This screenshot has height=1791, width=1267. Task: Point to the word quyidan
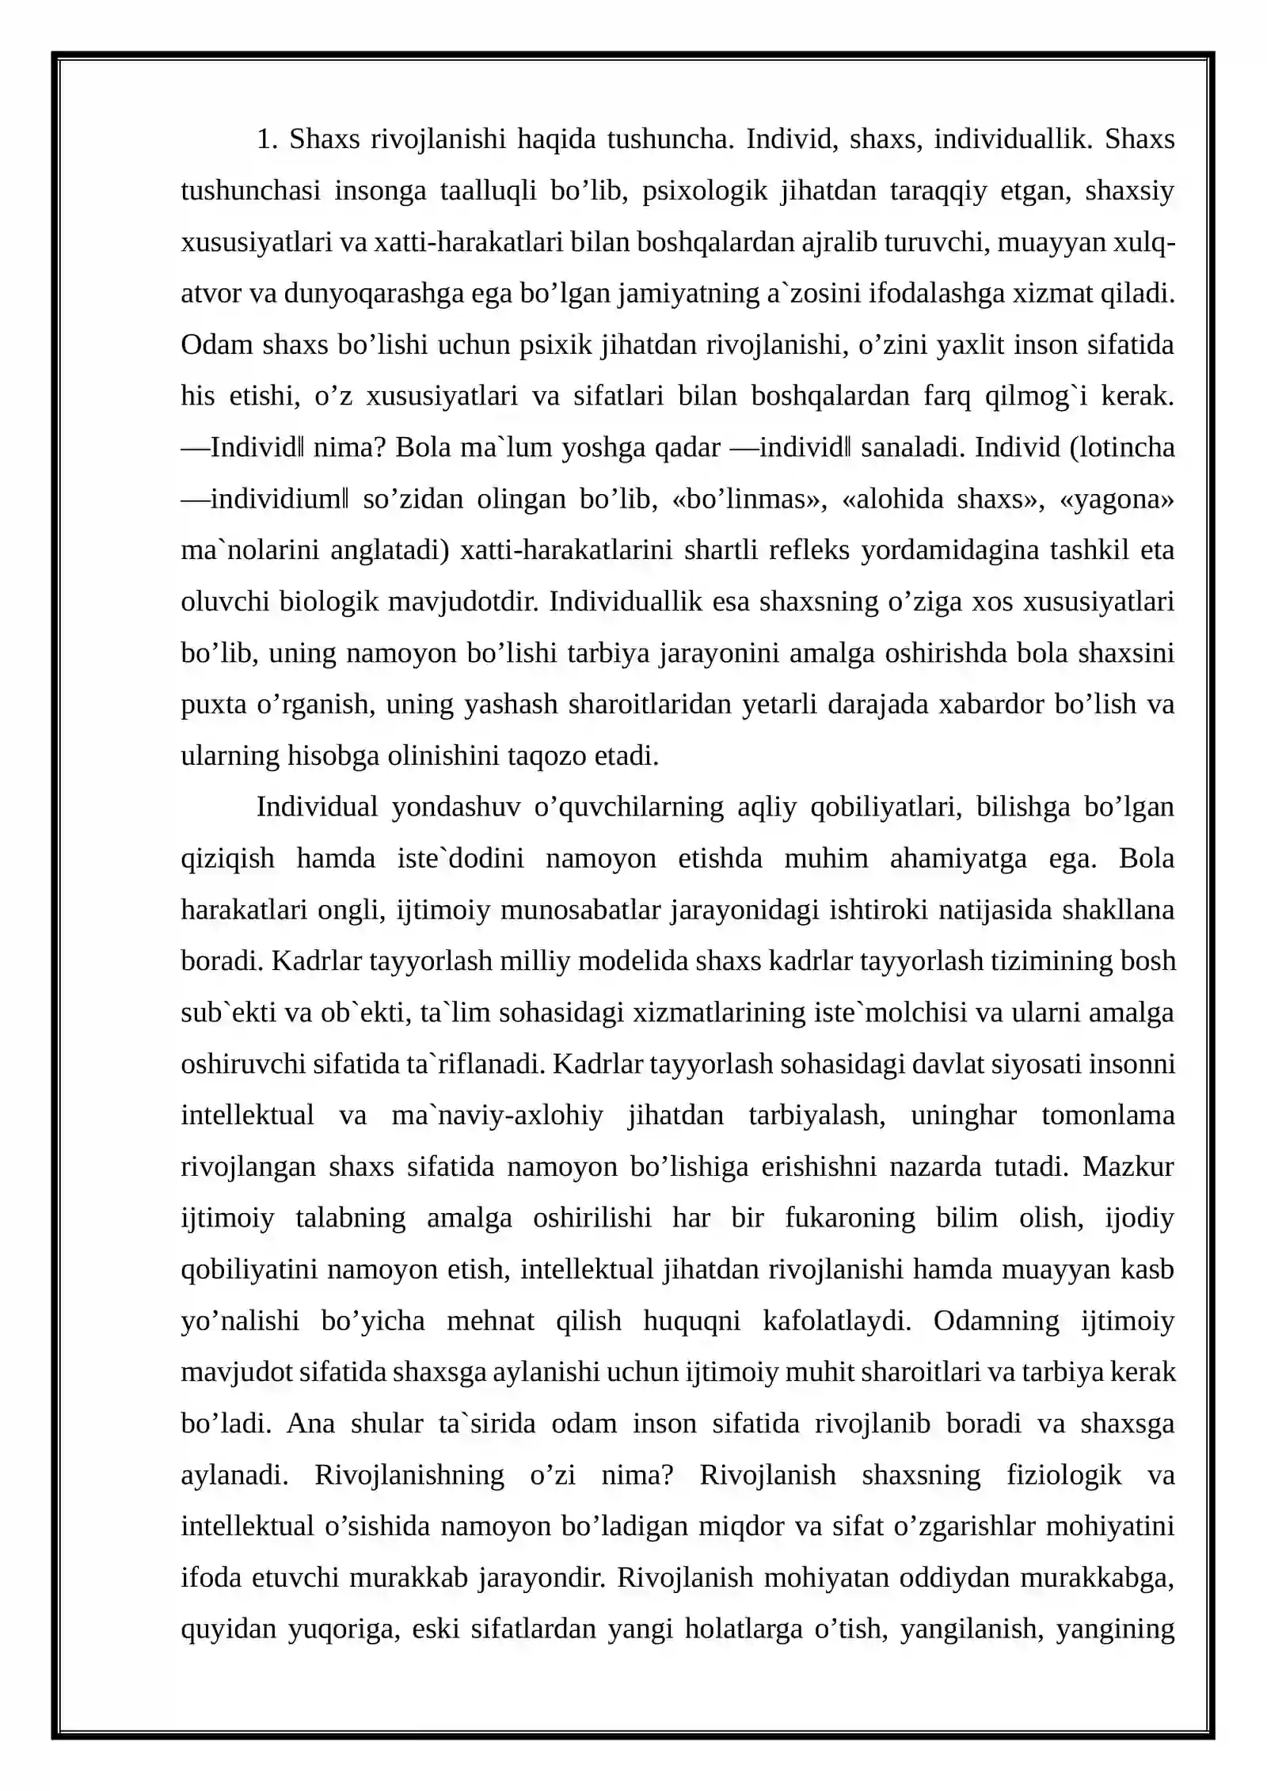[x=227, y=1629]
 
